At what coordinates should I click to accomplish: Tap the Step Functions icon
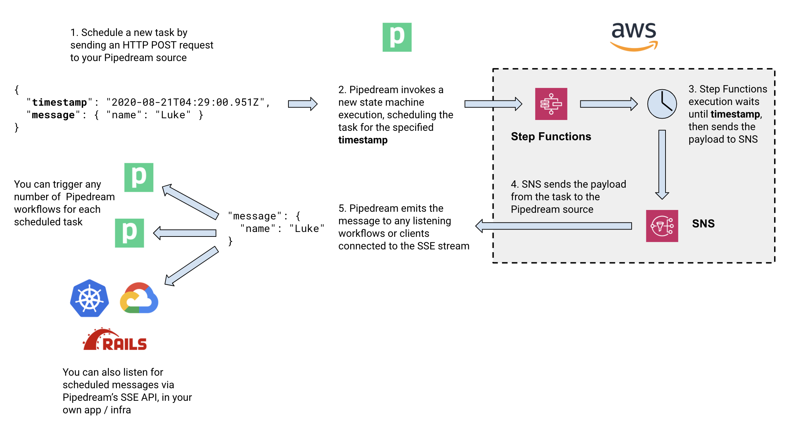coord(551,104)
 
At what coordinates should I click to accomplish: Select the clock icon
coord(662,104)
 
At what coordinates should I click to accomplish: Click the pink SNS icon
coord(662,226)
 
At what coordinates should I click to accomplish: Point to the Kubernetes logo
coord(89,298)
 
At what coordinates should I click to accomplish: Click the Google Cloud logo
coord(139,298)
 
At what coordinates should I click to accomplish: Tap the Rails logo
coord(115,339)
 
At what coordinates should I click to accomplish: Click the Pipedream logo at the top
coord(397,37)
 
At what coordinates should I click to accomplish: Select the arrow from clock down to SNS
coord(662,165)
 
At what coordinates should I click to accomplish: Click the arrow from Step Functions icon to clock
coord(609,104)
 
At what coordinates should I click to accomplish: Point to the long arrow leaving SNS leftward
coord(554,226)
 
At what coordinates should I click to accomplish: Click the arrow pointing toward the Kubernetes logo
coord(192,266)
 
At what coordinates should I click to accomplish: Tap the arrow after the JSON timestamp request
coord(303,104)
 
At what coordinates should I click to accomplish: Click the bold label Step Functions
coord(551,136)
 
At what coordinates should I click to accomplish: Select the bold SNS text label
coord(703,224)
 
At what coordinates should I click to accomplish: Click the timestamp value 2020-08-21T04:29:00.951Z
coord(185,102)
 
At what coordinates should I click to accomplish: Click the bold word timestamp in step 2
coord(363,140)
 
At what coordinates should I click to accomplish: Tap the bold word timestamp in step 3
coord(735,114)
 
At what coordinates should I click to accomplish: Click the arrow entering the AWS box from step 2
coord(493,104)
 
